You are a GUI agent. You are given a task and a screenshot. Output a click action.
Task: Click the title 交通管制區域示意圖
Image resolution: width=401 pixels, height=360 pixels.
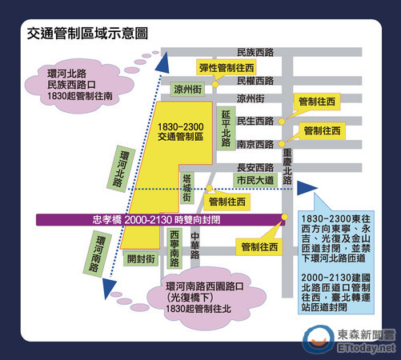[87, 34]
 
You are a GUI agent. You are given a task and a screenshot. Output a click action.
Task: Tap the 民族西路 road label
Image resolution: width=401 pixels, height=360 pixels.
[255, 52]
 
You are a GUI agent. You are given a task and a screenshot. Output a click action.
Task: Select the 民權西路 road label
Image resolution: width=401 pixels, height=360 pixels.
[255, 81]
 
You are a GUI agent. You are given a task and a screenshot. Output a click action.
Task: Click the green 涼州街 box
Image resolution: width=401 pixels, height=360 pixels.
[187, 89]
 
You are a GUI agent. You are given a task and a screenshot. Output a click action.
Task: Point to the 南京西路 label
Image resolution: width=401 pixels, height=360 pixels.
[255, 144]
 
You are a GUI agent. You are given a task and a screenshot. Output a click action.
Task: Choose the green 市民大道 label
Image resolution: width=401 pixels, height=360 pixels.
[255, 180]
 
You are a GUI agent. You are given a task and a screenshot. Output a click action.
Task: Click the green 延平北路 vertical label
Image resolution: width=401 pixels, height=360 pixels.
[226, 128]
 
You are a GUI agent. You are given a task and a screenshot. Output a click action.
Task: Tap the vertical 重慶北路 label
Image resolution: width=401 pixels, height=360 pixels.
[287, 167]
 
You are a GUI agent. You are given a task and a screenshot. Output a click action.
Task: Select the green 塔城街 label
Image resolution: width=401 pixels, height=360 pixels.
[186, 188]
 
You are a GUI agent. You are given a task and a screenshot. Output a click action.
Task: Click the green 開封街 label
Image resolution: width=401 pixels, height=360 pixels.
[141, 258]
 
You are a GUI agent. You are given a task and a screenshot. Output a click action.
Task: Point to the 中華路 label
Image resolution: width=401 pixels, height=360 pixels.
[195, 246]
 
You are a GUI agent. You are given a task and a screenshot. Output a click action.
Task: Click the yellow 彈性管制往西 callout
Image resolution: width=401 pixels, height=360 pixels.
[227, 68]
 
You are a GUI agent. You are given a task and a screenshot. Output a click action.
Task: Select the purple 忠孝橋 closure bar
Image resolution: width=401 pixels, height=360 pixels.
[160, 220]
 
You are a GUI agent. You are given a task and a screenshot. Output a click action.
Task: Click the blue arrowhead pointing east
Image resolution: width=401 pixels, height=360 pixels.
[307, 188]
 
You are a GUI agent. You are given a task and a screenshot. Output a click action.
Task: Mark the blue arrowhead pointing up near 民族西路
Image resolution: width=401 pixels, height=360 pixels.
[162, 63]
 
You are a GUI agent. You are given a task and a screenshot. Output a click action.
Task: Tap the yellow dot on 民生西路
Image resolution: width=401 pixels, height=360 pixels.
[282, 122]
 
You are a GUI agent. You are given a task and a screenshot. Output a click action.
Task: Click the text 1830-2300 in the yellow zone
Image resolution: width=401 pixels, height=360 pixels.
[181, 126]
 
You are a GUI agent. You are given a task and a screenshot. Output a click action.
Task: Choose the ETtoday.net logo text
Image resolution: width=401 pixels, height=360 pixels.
[366, 348]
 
